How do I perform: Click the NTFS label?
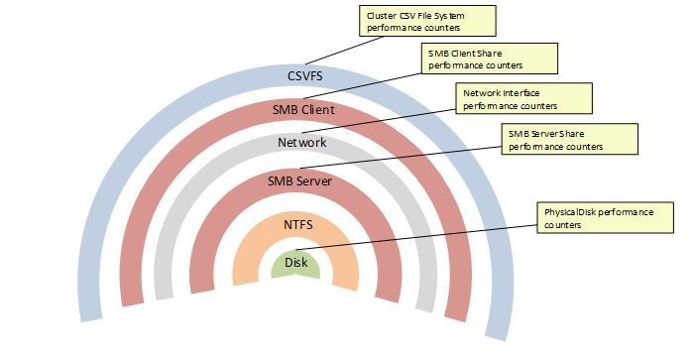296,225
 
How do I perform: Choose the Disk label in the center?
296,263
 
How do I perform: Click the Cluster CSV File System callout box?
426,21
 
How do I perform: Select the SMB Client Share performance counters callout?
489,59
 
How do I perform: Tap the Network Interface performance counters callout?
524,98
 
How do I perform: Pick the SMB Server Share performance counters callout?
569,139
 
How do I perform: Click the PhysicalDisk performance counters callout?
606,217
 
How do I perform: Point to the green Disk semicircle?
296,270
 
